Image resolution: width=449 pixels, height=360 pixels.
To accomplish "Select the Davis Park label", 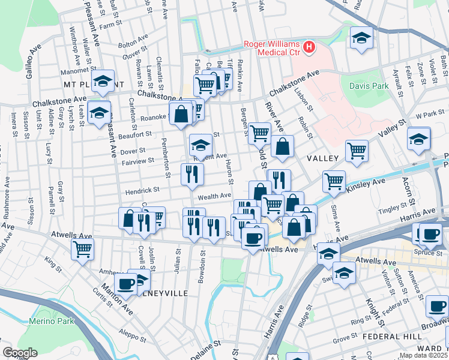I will [369, 86].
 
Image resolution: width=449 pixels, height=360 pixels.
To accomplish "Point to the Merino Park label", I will [52, 321].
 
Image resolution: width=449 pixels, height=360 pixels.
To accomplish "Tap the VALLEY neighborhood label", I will [324, 158].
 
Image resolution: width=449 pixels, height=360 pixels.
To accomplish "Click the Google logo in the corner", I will [20, 353].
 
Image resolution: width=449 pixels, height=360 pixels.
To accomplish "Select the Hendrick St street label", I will [142, 190].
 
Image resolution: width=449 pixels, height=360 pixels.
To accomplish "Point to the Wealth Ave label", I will [214, 196].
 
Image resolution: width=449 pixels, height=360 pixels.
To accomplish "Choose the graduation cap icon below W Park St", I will [418, 139].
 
